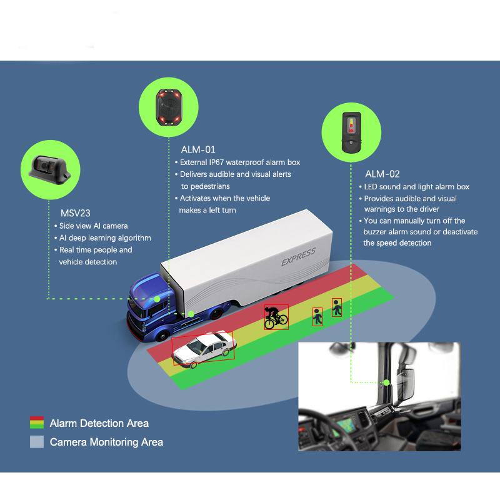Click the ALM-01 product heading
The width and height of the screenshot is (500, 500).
198,149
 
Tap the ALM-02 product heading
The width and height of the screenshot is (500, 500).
382,174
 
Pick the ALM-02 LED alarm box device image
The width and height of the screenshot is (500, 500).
351,130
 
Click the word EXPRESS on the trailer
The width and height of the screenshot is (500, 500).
298,256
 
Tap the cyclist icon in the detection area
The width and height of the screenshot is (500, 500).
276,317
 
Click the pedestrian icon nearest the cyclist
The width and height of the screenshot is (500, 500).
317,316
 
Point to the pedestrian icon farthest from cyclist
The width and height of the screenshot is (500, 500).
337,307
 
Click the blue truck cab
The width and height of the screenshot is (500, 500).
150,306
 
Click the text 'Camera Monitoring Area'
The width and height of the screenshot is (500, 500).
106,442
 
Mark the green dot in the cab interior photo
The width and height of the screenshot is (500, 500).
386,382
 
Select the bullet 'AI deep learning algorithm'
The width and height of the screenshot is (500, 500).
105,237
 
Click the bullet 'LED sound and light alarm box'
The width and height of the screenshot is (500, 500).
416,187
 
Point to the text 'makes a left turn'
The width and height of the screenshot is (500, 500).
207,210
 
